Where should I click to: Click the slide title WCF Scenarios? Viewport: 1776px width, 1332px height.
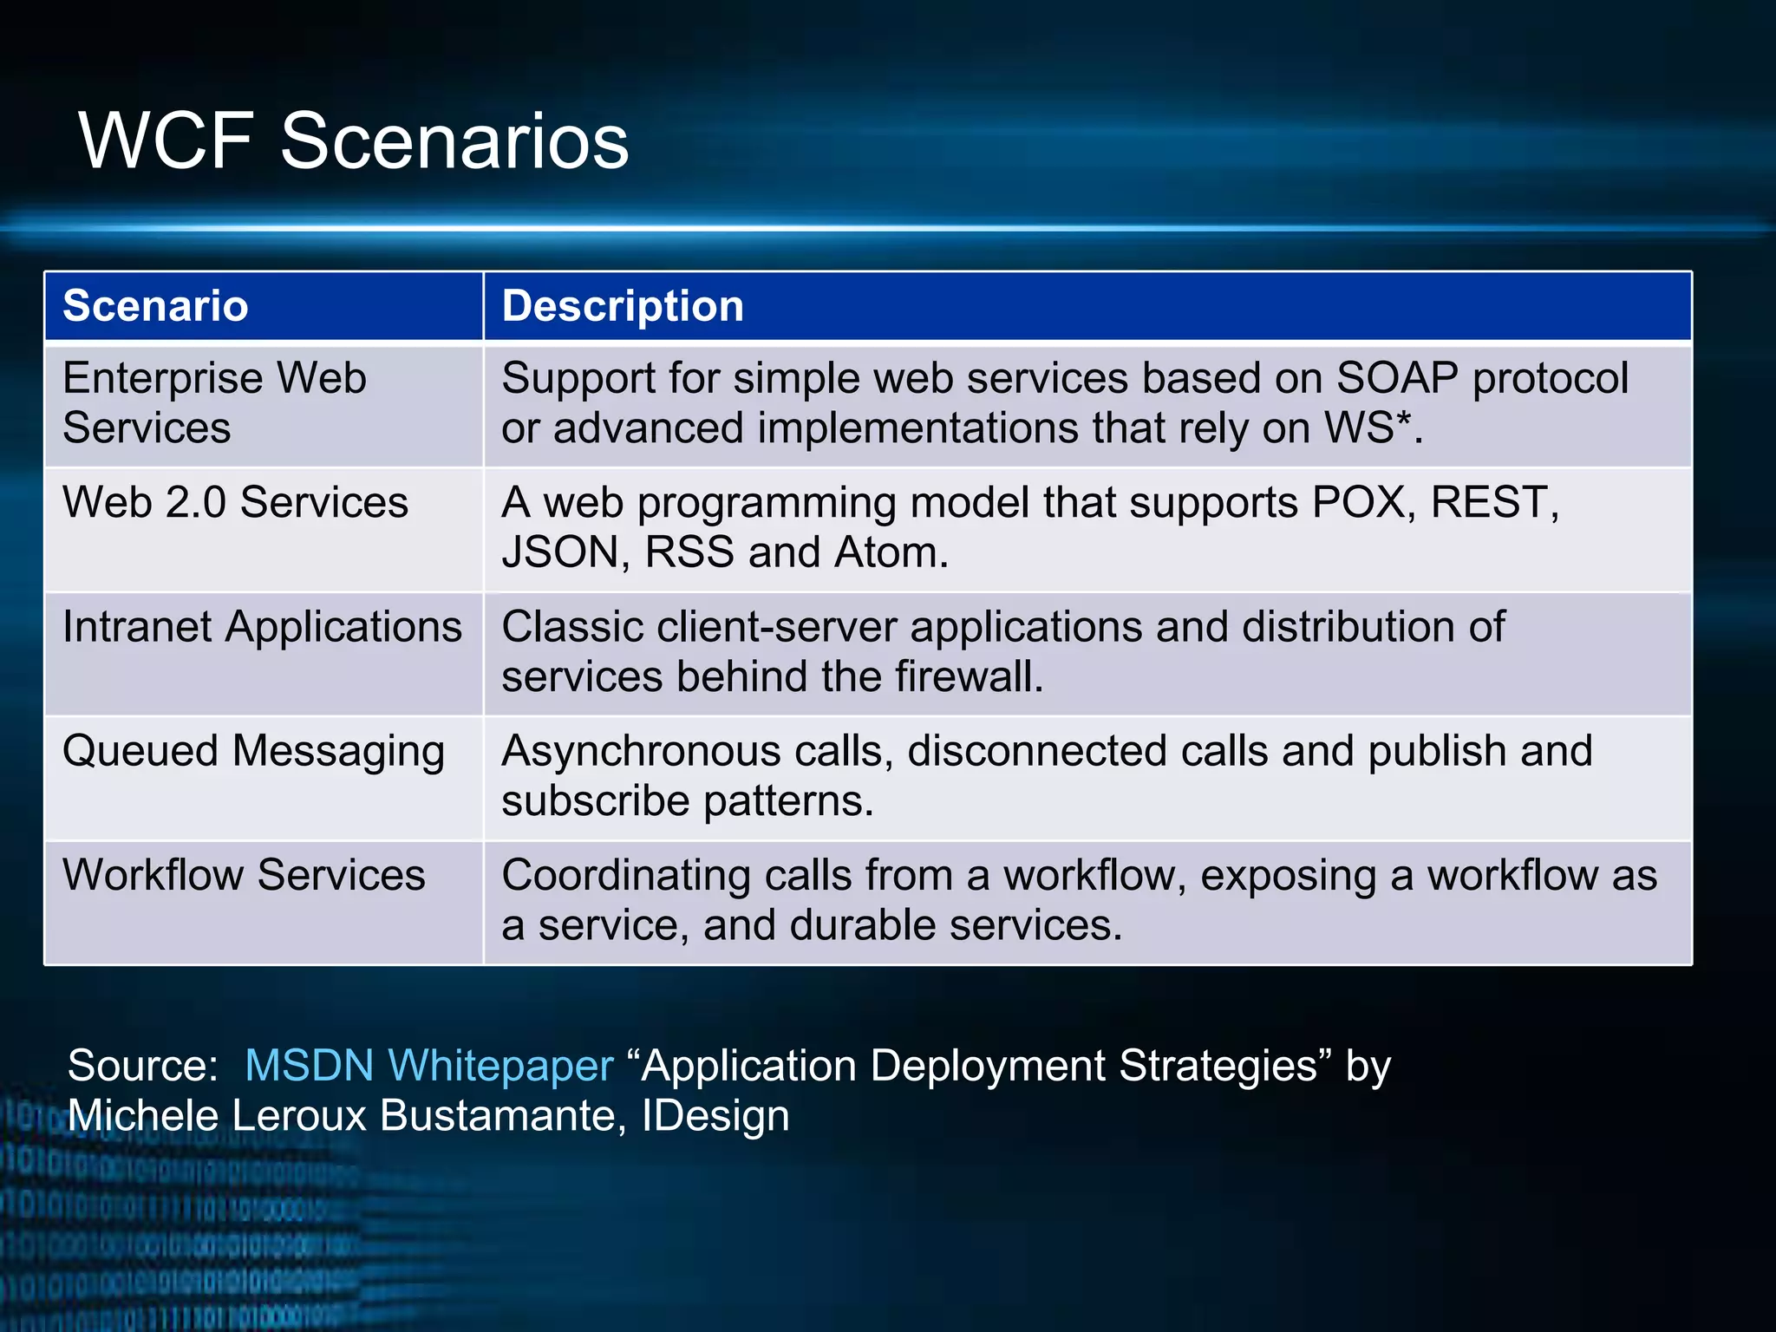[354, 140]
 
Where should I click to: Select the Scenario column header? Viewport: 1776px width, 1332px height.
[156, 306]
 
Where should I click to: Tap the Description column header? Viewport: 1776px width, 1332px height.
[623, 306]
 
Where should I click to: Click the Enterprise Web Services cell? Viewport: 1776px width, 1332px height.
[214, 403]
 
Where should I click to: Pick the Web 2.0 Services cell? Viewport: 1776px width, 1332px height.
[235, 502]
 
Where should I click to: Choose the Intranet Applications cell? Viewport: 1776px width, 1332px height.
[262, 626]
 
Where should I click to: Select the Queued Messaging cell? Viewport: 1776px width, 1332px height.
[253, 751]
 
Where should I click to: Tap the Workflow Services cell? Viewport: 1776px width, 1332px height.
[244, 875]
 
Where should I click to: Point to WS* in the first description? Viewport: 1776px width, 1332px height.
[1368, 428]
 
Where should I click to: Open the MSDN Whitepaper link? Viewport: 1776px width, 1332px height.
[428, 1065]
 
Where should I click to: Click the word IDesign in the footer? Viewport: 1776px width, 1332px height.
[715, 1115]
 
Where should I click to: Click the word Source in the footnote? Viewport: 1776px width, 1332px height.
[141, 1065]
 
